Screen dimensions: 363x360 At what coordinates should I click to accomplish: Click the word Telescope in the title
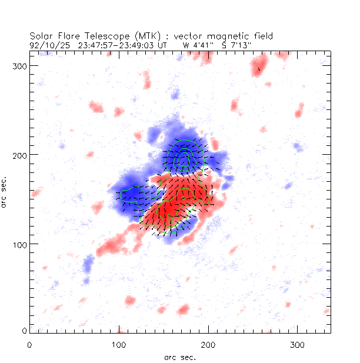click(x=99, y=36)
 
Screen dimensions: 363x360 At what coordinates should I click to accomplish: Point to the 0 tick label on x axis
click(x=29, y=344)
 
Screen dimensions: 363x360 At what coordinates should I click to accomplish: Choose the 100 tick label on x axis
click(x=119, y=344)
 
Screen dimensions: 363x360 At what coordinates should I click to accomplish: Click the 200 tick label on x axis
click(x=208, y=344)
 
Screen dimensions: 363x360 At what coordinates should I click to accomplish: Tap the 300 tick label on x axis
click(x=297, y=344)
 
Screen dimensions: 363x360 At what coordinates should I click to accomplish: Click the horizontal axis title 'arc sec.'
click(x=180, y=357)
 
